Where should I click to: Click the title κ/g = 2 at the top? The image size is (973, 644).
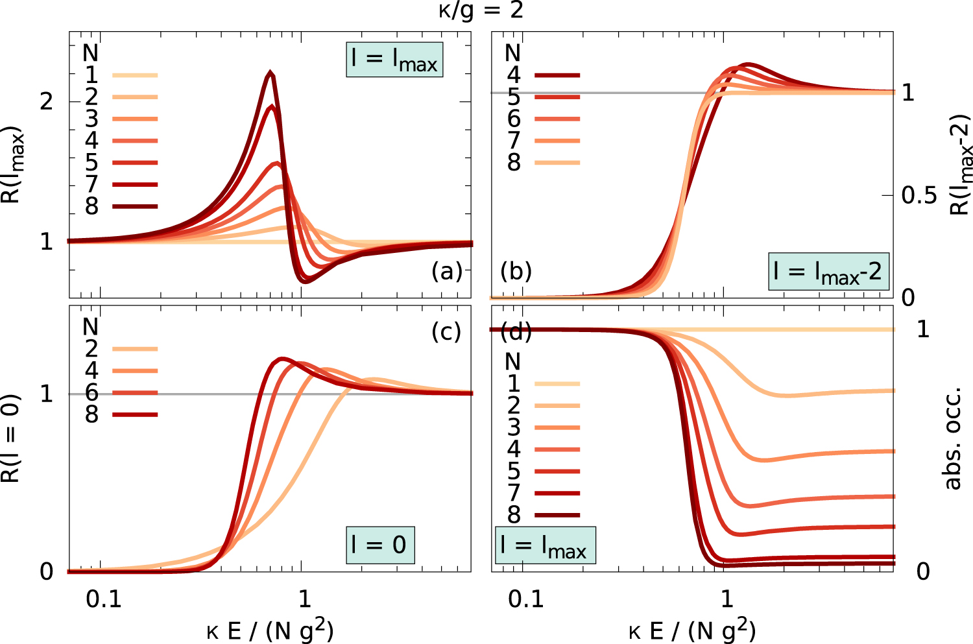pos(481,11)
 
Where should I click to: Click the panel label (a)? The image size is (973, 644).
pos(447,271)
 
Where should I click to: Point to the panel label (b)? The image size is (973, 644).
pos(516,271)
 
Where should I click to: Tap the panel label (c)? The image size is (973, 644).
pos(446,331)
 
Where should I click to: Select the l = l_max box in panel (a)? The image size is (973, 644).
pos(394,60)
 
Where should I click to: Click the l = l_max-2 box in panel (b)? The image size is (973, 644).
pos(828,272)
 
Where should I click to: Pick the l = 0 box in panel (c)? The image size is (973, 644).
pos(379,545)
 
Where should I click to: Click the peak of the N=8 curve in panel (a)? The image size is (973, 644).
pos(270,73)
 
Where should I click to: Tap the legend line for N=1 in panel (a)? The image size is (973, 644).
pos(135,75)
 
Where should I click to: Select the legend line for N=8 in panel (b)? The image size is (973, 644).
pos(557,163)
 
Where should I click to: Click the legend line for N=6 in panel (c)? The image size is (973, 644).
pos(135,393)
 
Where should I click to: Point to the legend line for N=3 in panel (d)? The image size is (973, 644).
pos(557,428)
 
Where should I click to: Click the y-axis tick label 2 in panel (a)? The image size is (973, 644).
pos(46,102)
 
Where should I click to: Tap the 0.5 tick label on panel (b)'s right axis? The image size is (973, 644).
pos(919,195)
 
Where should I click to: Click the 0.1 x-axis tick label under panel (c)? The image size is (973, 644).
pos(104,599)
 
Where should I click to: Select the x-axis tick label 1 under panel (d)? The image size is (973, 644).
pos(727,599)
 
